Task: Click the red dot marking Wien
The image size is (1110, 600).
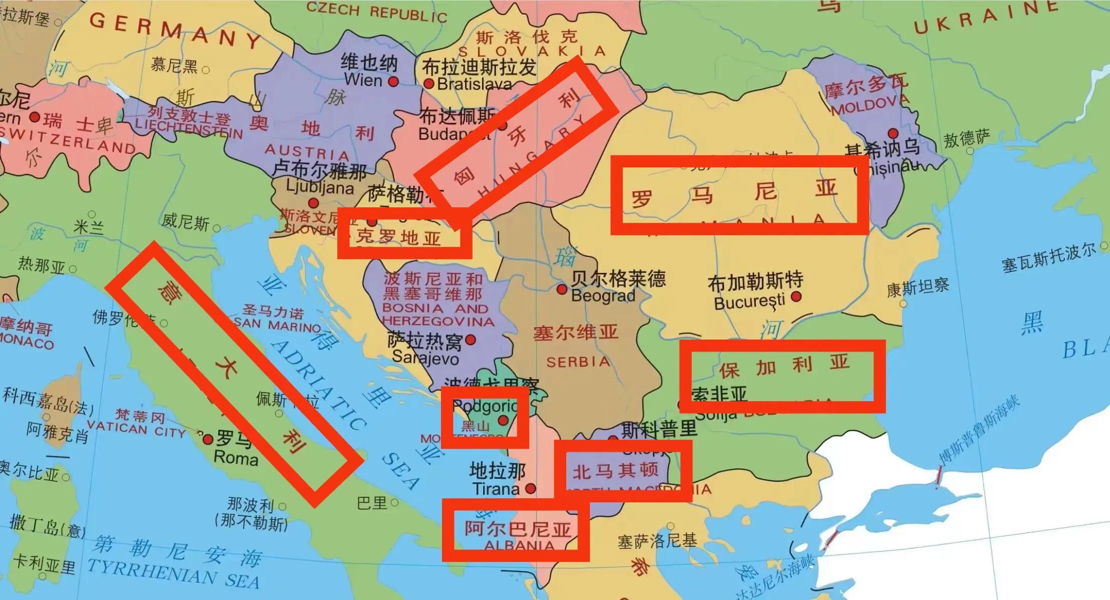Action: click(393, 81)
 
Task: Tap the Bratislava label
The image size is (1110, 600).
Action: click(474, 84)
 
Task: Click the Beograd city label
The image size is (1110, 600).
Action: click(603, 295)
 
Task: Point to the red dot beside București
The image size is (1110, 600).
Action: click(796, 297)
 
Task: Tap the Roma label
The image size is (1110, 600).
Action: click(236, 458)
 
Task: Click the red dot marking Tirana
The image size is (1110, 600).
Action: click(531, 488)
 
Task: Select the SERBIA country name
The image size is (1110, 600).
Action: click(578, 362)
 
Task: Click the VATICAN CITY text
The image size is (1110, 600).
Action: click(136, 429)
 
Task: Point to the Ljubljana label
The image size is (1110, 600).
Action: click(320, 188)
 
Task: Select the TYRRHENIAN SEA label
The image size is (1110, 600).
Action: click(173, 572)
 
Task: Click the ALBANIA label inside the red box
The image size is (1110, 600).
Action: click(519, 545)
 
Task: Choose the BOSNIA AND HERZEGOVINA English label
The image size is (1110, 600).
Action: click(437, 315)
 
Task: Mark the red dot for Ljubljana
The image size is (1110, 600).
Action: click(313, 203)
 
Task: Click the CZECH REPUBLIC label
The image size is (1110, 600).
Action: click(376, 12)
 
